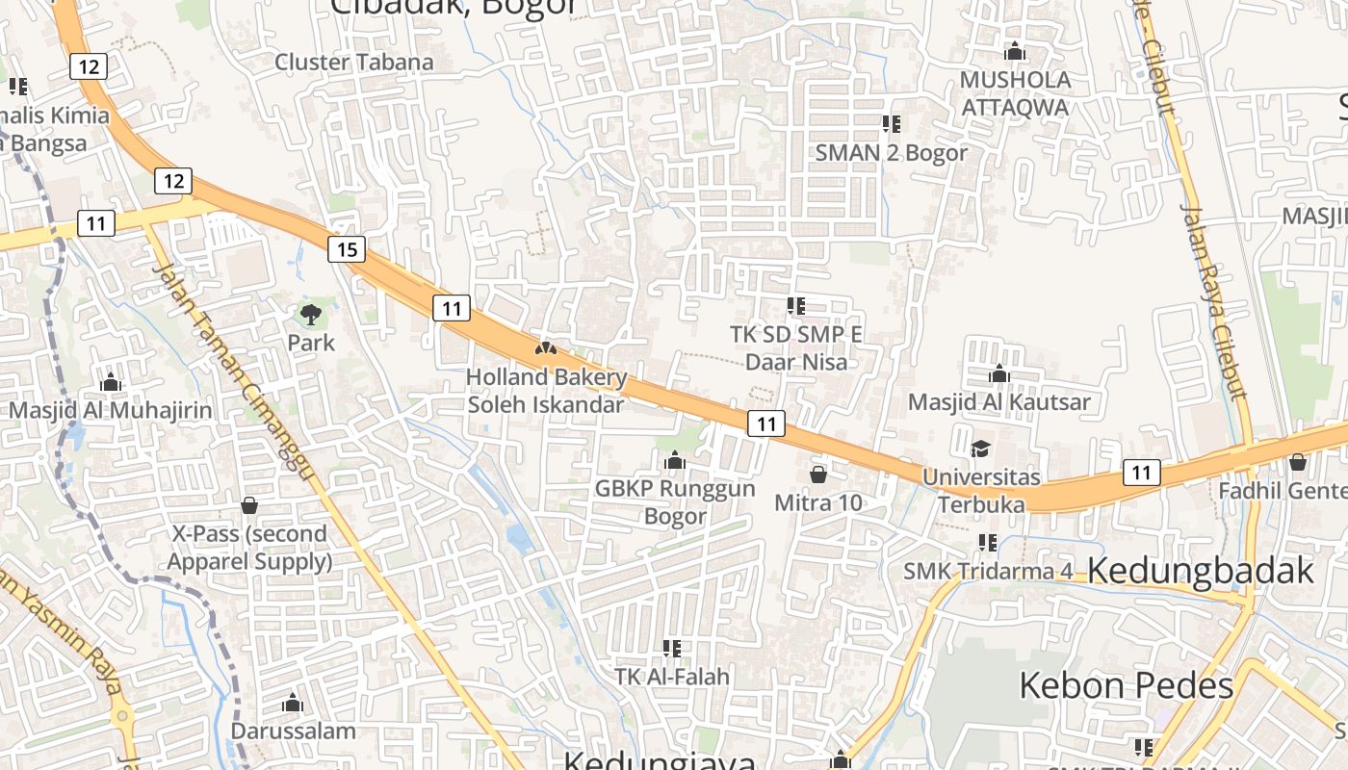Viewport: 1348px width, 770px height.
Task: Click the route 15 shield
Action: (347, 250)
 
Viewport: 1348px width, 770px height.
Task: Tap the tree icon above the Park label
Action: (310, 314)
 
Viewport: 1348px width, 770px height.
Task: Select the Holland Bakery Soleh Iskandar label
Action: (546, 391)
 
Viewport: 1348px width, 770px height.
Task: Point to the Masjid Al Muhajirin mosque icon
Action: (111, 382)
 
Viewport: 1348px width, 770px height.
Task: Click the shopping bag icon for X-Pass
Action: (249, 504)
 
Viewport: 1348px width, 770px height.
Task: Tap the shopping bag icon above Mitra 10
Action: (818, 474)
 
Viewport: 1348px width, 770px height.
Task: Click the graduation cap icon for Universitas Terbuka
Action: (980, 449)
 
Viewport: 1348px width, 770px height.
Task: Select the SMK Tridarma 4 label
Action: (987, 571)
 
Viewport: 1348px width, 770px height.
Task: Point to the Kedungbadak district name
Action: (1201, 571)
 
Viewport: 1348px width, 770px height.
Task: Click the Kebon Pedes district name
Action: (1126, 686)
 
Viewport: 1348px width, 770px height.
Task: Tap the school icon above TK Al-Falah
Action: (672, 648)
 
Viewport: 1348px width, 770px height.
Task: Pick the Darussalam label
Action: (293, 731)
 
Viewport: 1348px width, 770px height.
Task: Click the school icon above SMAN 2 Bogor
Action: (891, 123)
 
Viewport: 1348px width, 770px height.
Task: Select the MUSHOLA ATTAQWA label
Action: (1015, 93)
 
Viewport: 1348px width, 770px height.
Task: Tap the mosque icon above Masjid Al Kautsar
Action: (998, 373)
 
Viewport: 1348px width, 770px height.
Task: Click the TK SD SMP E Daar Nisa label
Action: (796, 347)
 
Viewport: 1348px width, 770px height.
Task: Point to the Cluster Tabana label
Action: (354, 62)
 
